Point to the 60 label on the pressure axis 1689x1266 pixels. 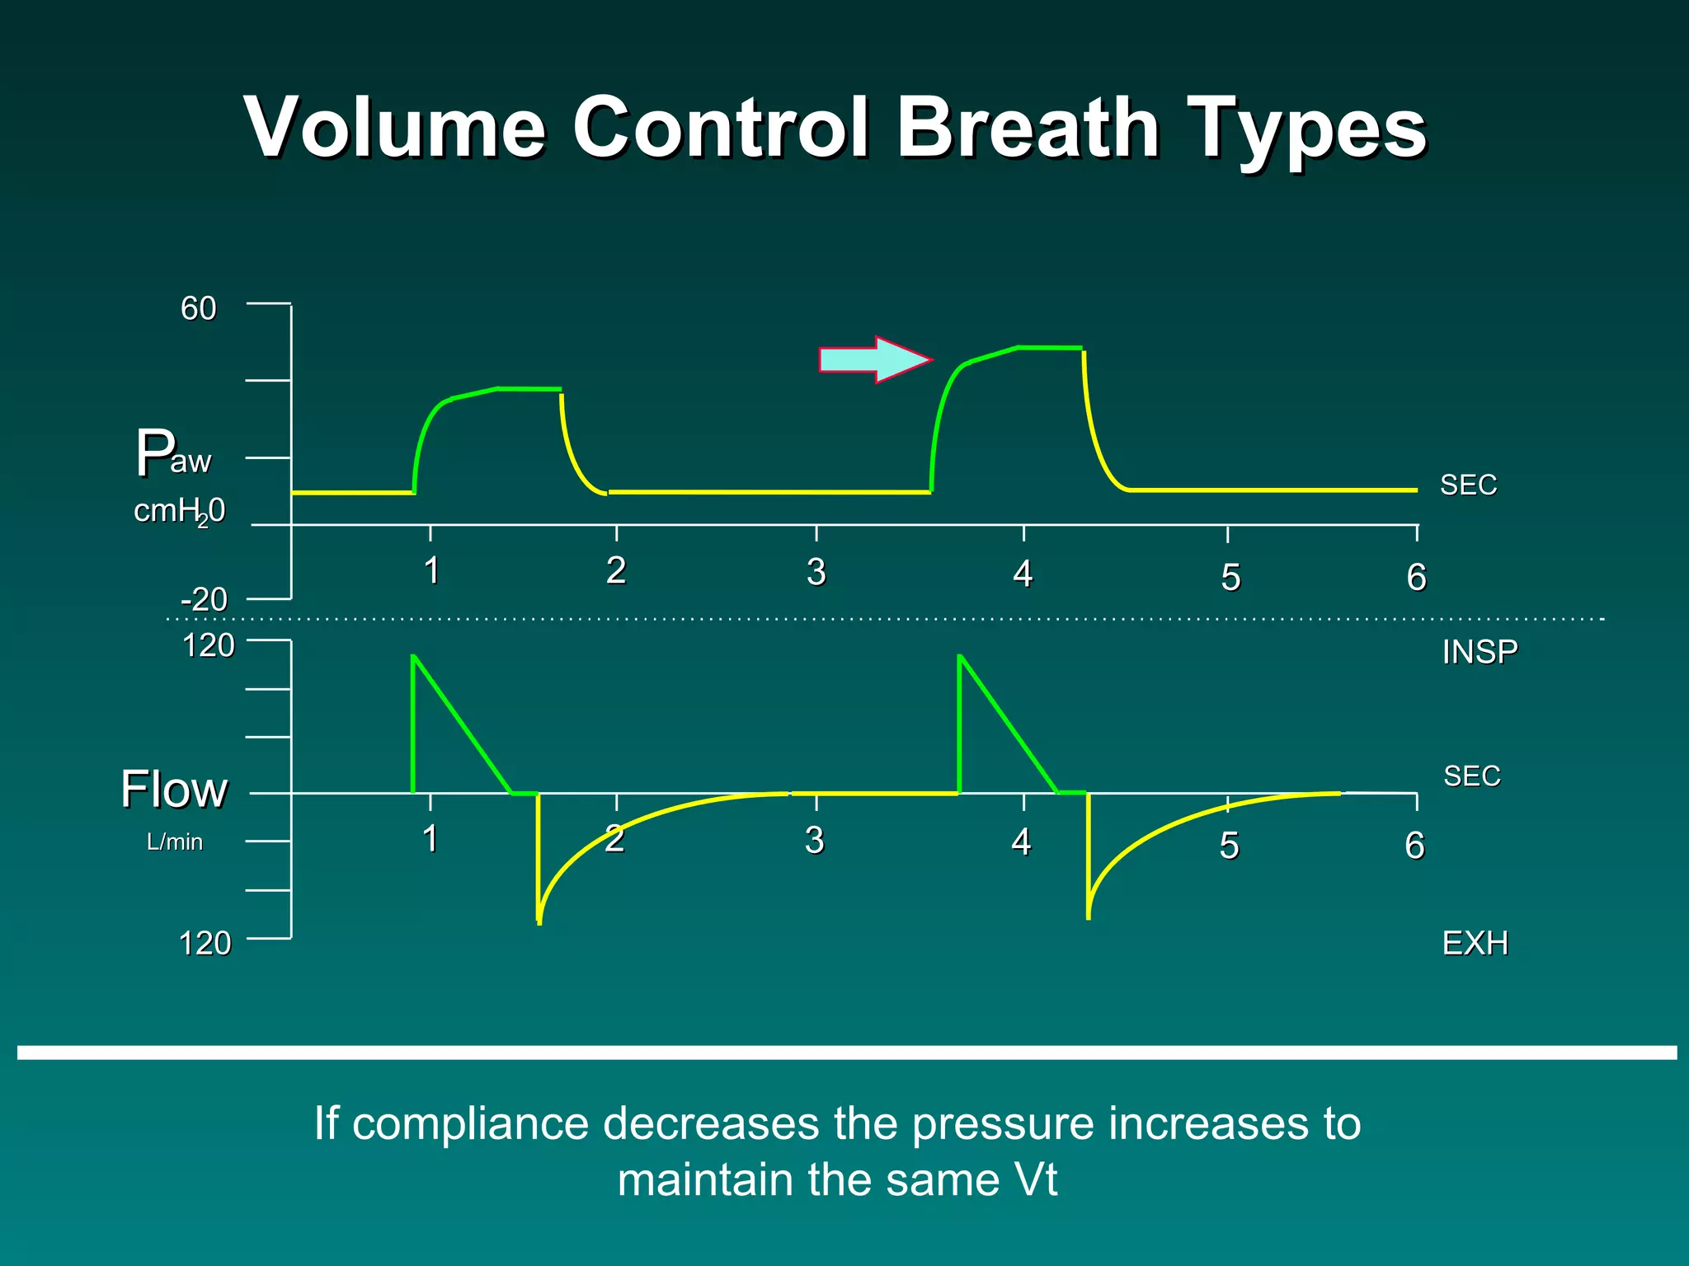tap(199, 309)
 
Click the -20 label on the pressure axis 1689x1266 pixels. tap(204, 599)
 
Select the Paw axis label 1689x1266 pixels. tap(174, 453)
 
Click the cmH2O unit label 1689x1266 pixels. tap(179, 512)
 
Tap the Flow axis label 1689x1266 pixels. tap(174, 790)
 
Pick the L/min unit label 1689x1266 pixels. tap(175, 842)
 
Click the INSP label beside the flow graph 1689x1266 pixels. tap(1480, 652)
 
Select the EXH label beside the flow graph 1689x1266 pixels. tap(1475, 943)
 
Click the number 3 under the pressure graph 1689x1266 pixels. tap(816, 572)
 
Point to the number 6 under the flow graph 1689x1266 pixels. tap(1414, 846)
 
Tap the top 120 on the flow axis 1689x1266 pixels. tap(208, 645)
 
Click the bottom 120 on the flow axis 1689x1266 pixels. tap(205, 943)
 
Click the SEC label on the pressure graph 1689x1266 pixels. tap(1468, 485)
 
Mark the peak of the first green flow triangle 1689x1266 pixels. tap(413, 656)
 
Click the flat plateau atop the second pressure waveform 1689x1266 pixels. tap(1049, 348)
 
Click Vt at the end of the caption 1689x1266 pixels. tap(1035, 1179)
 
